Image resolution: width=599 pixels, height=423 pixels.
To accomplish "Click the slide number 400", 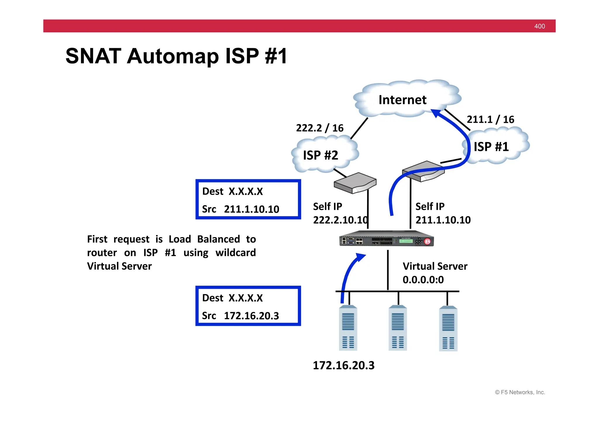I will (539, 26).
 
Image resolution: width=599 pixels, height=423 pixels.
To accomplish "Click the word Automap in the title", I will (172, 56).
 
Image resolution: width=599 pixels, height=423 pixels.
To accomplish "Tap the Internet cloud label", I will (402, 100).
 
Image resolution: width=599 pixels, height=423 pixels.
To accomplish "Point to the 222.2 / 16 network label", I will (320, 128).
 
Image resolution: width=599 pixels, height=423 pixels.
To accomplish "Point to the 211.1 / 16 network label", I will (490, 120).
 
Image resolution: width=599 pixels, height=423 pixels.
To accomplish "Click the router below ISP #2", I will (355, 183).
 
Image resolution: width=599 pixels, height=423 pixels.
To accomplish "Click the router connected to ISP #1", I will (424, 171).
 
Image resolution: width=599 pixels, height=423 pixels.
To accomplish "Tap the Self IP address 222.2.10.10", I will (340, 220).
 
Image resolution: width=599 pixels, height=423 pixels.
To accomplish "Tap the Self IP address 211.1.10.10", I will (443, 220).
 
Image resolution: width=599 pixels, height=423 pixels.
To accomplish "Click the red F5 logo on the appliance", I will (428, 241).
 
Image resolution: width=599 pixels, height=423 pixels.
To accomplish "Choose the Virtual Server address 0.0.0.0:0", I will (423, 280).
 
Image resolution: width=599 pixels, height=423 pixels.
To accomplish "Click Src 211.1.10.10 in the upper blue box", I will (241, 209).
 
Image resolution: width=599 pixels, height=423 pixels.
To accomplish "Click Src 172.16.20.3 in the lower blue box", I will (241, 316).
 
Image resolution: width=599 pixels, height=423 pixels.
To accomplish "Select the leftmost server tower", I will (348, 328).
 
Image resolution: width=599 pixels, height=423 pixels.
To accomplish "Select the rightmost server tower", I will (448, 328).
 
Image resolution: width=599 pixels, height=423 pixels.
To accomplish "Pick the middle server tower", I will (398, 328).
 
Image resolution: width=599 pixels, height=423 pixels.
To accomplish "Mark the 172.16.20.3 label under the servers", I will (344, 365).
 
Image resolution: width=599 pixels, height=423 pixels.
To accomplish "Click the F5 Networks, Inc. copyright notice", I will (520, 392).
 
